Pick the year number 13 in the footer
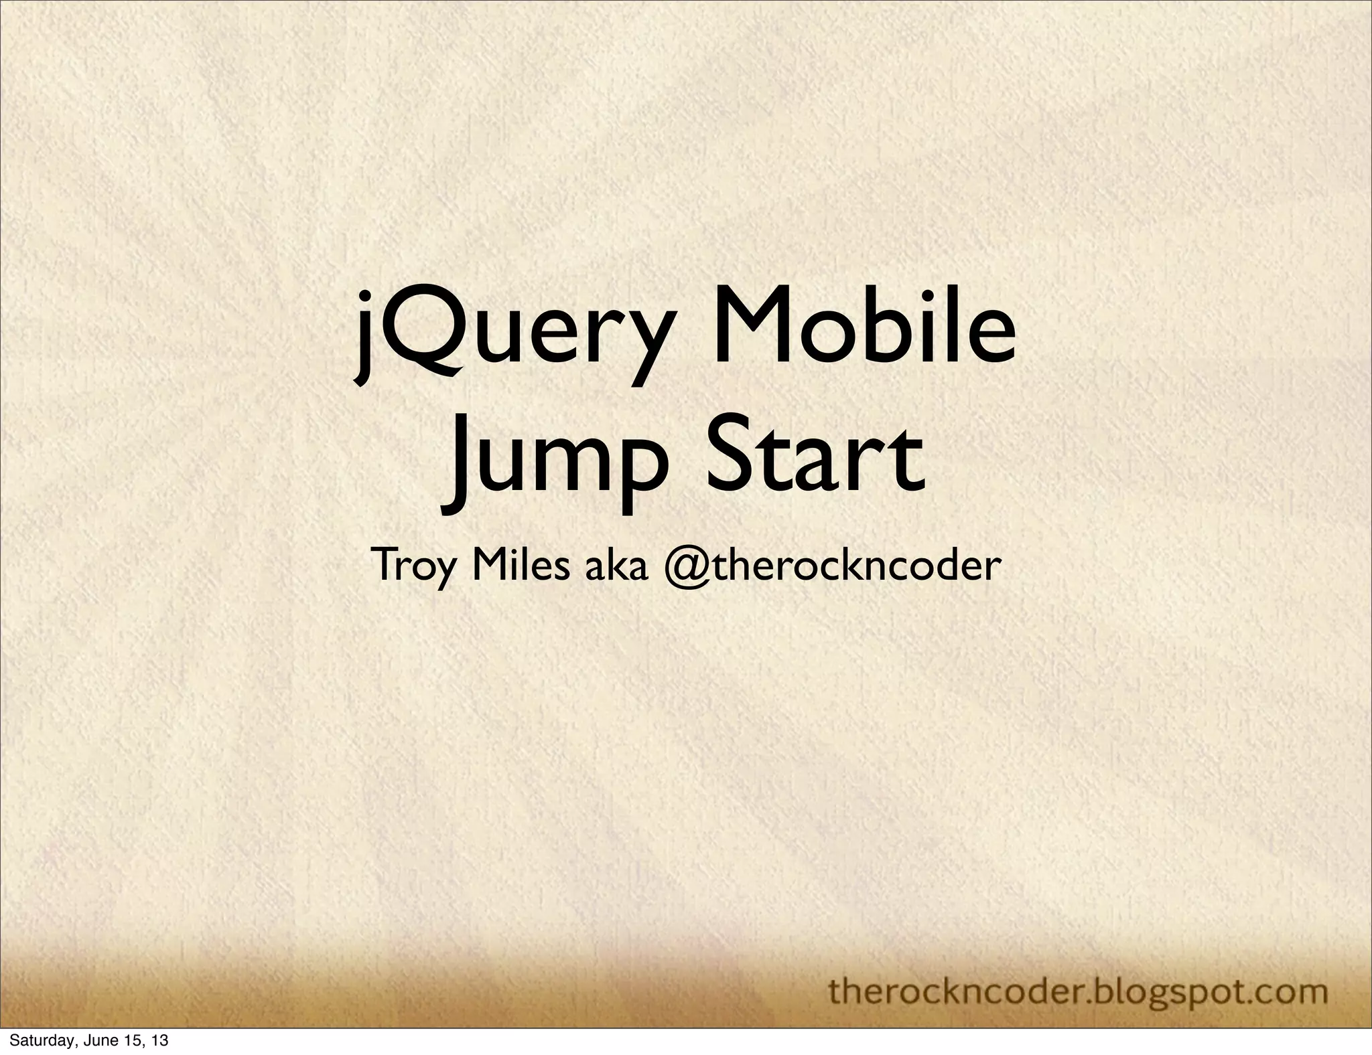point(159,1042)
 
